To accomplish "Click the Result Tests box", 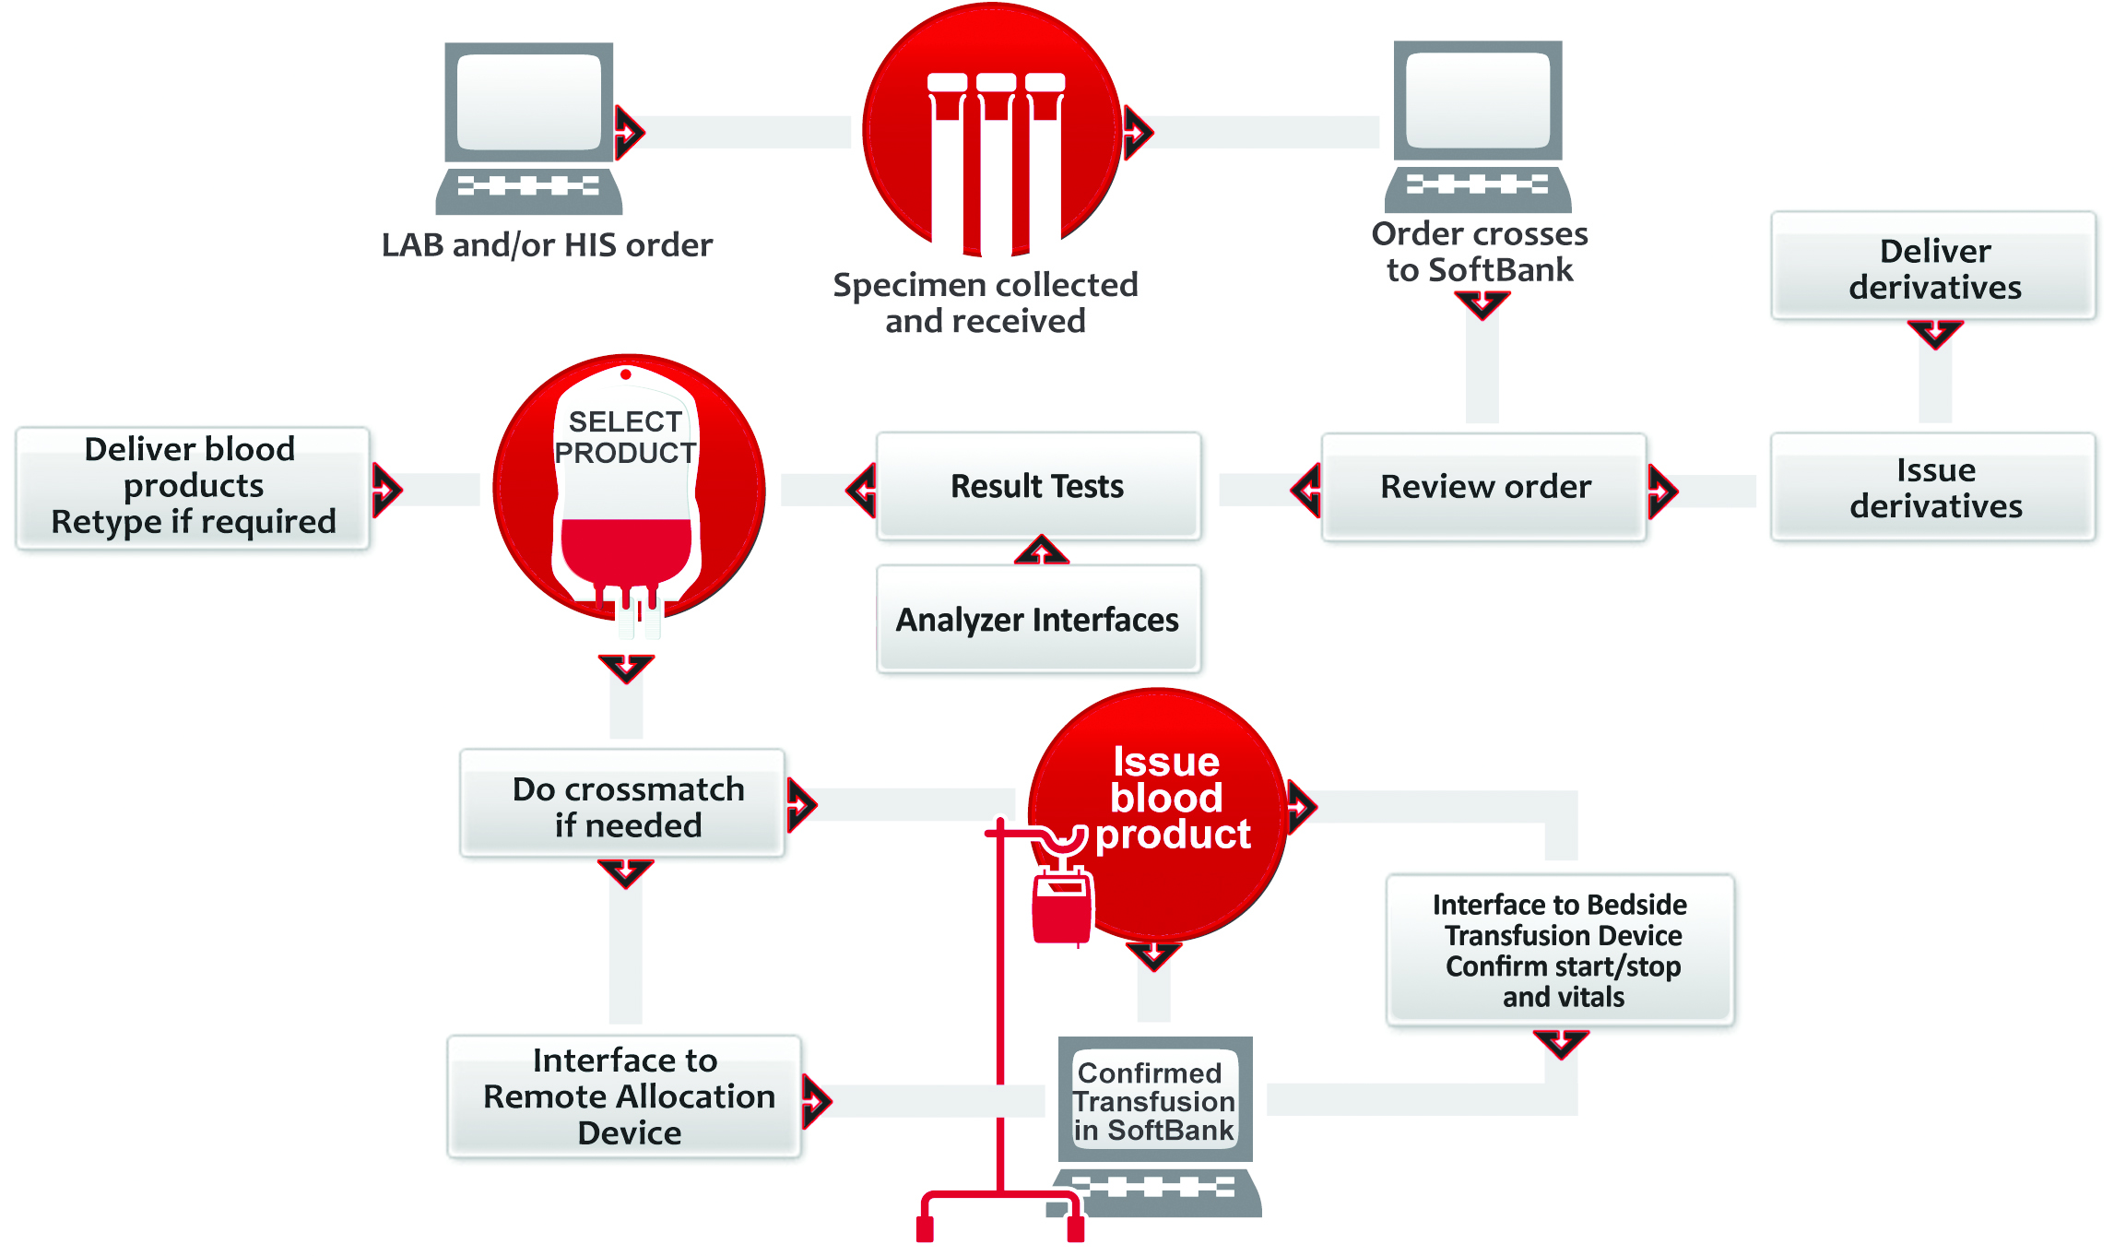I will (x=1038, y=486).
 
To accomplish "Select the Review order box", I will (x=1484, y=486).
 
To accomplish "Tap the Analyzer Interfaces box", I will (x=1038, y=619).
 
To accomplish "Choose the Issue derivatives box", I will (x=1934, y=487).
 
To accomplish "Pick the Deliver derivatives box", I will (x=1934, y=267).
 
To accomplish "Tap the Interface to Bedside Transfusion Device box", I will (x=1562, y=950).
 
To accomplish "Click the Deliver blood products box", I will (x=193, y=486).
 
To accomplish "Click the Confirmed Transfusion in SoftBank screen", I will (x=1153, y=1100).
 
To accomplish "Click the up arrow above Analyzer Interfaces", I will (x=1042, y=551).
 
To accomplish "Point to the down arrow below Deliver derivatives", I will (x=1934, y=333).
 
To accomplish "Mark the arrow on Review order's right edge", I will (x=1661, y=491).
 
